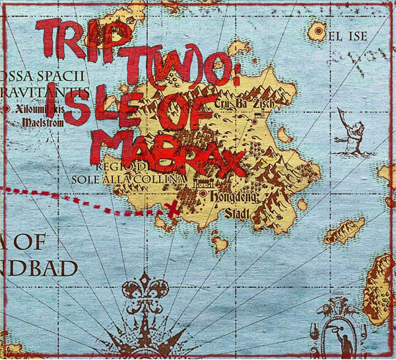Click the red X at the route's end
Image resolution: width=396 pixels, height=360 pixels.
(x=173, y=209)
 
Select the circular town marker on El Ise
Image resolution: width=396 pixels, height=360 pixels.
(x=320, y=30)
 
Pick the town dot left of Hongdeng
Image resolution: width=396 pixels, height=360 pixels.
(x=203, y=196)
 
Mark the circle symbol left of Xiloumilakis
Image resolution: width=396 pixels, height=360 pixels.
(x=7, y=108)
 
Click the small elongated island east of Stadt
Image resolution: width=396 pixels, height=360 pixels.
(x=343, y=231)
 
